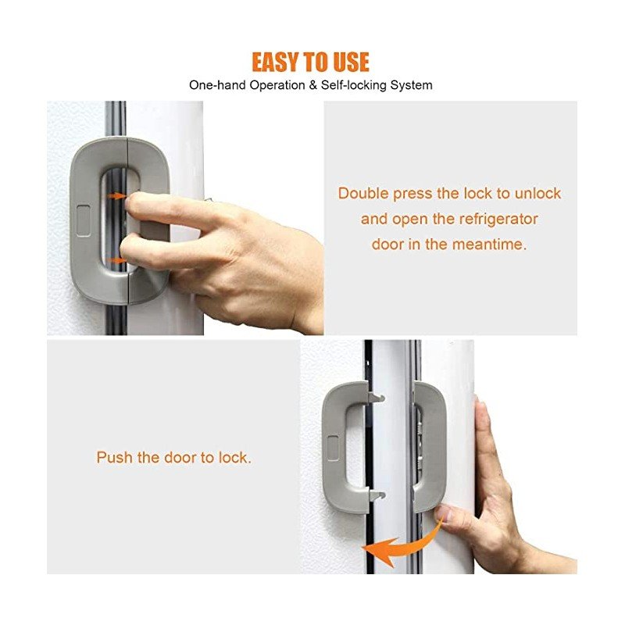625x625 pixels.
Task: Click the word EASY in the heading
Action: pyautogui.click(x=275, y=62)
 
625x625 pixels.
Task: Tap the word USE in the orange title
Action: pyautogui.click(x=351, y=62)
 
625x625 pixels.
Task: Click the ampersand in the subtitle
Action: pyautogui.click(x=313, y=85)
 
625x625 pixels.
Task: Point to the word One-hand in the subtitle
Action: pyautogui.click(x=217, y=85)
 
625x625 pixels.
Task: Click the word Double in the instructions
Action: pyautogui.click(x=363, y=193)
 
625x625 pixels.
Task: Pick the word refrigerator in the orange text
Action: pyautogui.click(x=498, y=220)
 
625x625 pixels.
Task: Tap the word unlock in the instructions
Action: pyautogui.click(x=537, y=193)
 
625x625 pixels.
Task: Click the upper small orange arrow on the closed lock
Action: pyautogui.click(x=116, y=196)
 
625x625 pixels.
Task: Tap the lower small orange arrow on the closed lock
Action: pyautogui.click(x=116, y=260)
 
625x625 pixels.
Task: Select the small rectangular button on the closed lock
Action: pyautogui.click(x=84, y=221)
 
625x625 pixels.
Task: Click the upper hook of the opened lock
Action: pyautogui.click(x=376, y=397)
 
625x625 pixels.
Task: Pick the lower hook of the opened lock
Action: pyautogui.click(x=377, y=495)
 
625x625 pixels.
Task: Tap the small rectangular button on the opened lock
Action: pyautogui.click(x=334, y=448)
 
